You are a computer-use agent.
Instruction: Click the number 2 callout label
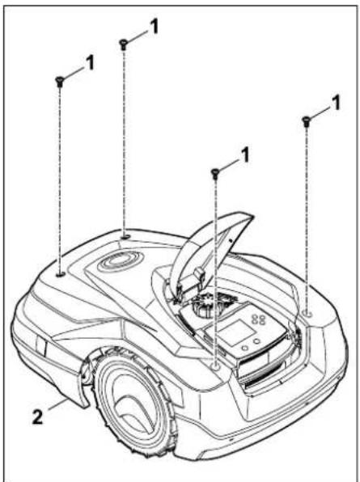[37, 417]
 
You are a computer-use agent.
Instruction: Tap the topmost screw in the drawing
[124, 44]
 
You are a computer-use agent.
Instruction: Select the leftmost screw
[59, 82]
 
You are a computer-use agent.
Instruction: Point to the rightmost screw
[306, 121]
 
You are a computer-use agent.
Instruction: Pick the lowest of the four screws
[215, 174]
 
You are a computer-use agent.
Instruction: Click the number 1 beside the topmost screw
[153, 27]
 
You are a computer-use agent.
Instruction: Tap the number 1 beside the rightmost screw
[336, 103]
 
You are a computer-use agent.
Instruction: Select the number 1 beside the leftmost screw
[90, 63]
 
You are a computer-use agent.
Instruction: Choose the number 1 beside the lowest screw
[244, 155]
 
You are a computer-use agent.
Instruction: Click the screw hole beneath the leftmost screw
[61, 273]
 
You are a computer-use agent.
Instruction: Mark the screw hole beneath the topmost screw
[125, 237]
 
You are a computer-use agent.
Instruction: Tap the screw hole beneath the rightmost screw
[307, 313]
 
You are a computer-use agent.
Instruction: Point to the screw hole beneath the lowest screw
[216, 366]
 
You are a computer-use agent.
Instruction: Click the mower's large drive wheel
[133, 400]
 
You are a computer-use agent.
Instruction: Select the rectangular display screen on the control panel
[237, 332]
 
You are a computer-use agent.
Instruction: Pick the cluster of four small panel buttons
[258, 319]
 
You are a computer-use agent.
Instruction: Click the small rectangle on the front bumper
[40, 345]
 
